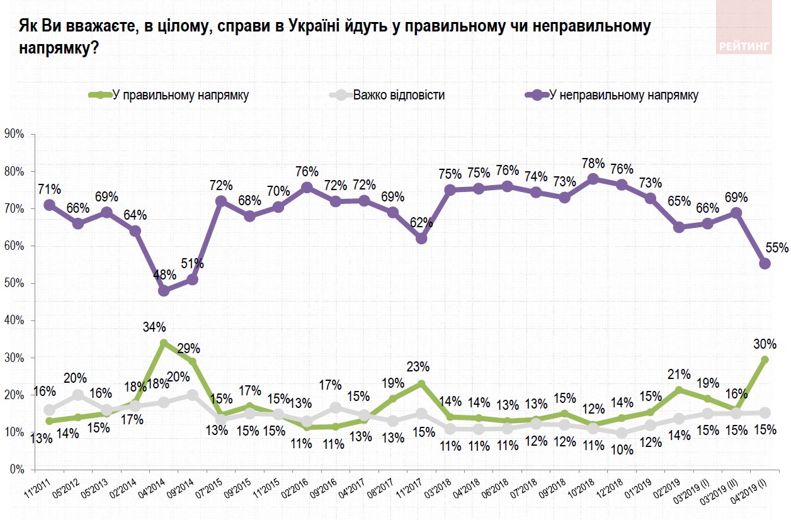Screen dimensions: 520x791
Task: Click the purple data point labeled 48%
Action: click(164, 291)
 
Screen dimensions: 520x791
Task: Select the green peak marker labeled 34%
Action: click(164, 343)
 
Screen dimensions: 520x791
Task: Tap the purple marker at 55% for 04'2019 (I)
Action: click(765, 264)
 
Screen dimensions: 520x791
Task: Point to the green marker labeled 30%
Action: click(765, 359)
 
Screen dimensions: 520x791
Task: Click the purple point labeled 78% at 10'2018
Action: click(593, 179)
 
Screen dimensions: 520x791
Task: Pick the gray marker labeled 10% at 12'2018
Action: click(622, 433)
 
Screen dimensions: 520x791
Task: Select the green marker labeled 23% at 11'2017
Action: click(421, 383)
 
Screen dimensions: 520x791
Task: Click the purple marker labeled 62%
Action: click(421, 239)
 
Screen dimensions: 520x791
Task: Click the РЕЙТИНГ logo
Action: click(744, 45)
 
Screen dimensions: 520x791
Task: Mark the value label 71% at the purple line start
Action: click(49, 189)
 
